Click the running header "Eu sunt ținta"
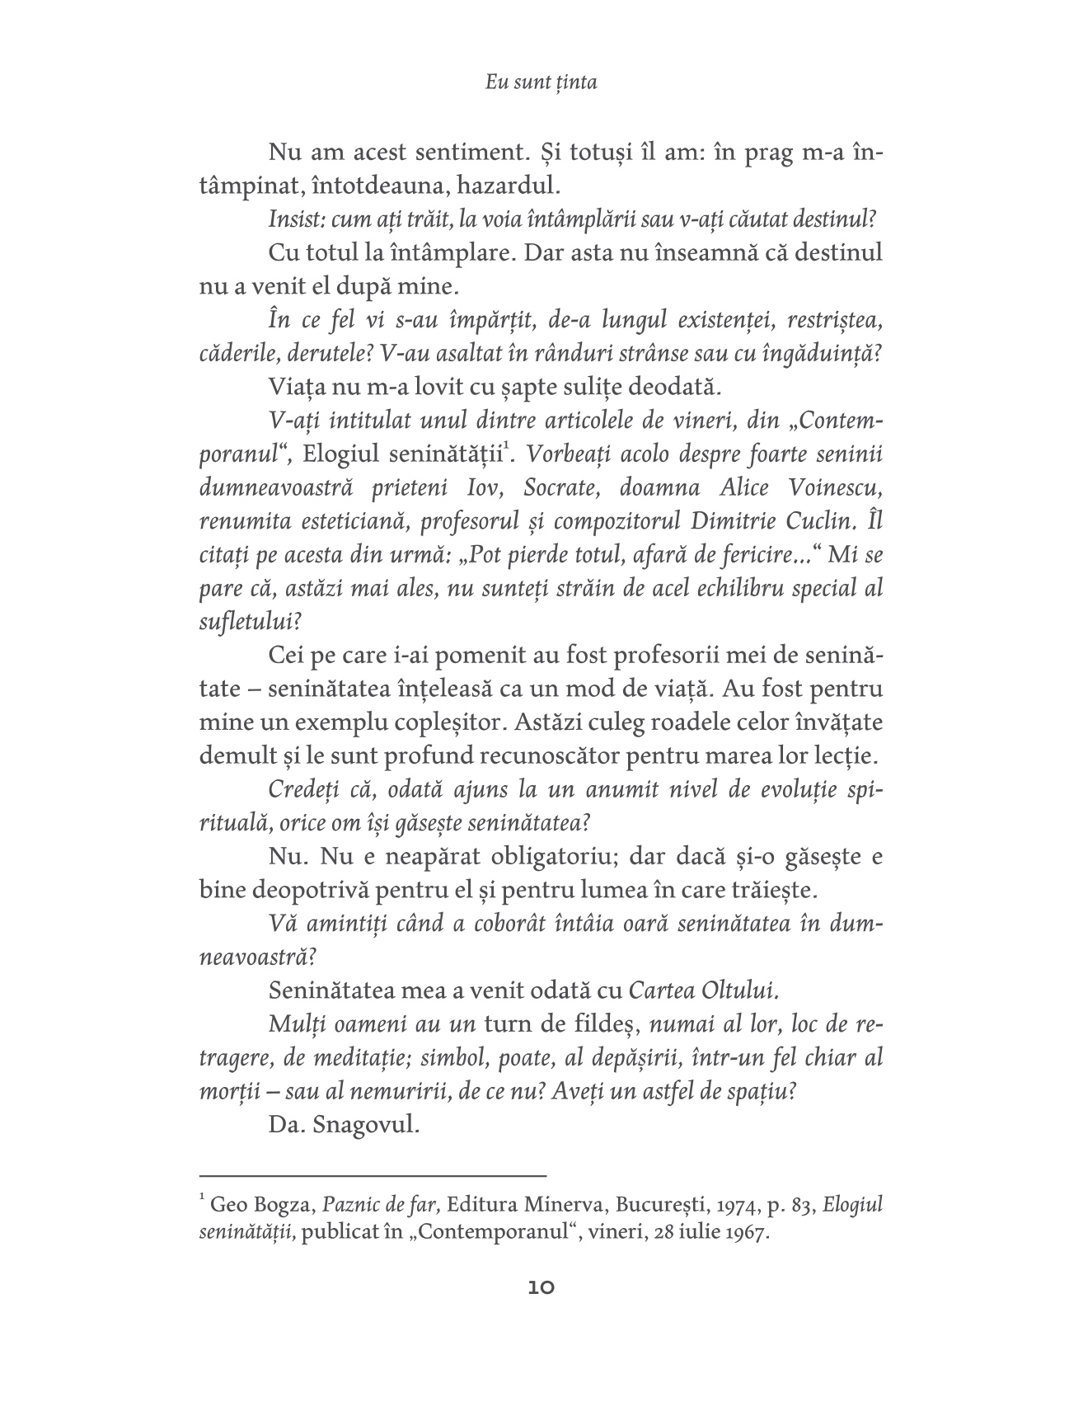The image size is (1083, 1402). point(541,82)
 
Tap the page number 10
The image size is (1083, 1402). point(541,1287)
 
